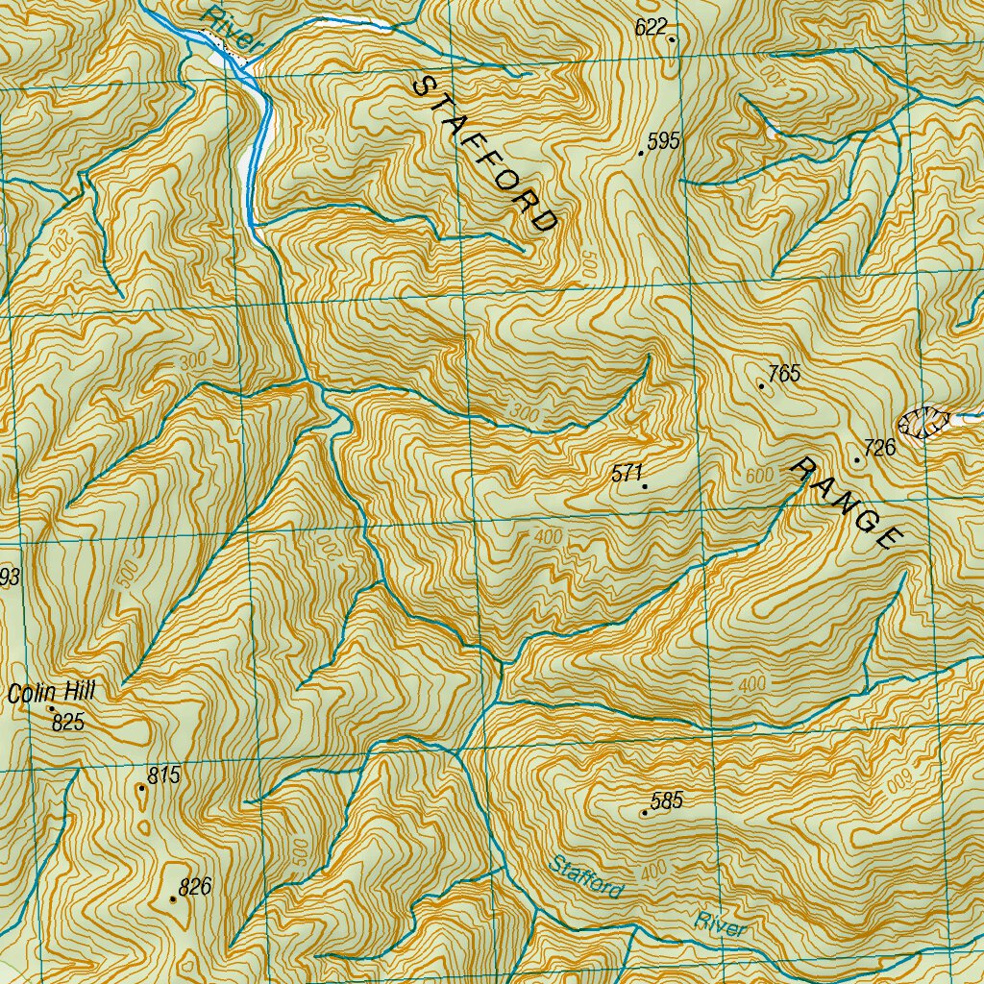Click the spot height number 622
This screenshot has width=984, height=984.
pos(650,27)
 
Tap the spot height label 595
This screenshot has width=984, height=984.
pos(663,141)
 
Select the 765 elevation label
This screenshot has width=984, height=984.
pos(784,374)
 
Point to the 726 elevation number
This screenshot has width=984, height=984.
pos(879,447)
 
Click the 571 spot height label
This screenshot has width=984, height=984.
pos(626,472)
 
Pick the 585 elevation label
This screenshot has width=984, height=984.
pos(666,800)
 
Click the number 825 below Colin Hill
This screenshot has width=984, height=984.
pos(68,722)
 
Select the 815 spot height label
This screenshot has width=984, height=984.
pos(164,775)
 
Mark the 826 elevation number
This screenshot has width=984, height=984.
pos(194,887)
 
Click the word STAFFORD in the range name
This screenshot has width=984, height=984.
pos(485,155)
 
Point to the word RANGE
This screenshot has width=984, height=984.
pos(847,504)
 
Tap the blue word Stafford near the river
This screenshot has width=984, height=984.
pos(584,877)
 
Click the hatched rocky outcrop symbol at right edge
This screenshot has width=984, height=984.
pos(923,421)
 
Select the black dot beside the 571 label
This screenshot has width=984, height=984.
pos(644,487)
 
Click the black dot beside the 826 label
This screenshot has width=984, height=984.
pos(173,899)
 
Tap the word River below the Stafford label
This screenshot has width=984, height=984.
pos(721,924)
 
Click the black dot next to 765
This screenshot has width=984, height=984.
pos(761,385)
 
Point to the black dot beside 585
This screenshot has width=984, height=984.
pos(644,814)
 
